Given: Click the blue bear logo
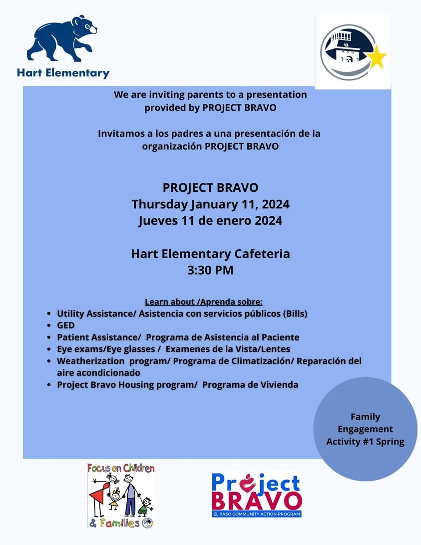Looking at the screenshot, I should pos(62,39).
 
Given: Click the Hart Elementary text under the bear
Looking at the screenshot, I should pos(63,73).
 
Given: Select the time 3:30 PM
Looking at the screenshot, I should pos(210,271).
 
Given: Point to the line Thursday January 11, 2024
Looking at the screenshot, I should pos(210,204).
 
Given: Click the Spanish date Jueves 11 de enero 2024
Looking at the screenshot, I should pos(210,220).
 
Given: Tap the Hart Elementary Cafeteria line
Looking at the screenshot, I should pos(210,254).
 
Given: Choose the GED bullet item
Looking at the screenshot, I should pos(66,325).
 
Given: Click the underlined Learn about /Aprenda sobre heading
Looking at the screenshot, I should pos(203,302).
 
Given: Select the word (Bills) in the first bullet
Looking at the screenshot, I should pos(295,314).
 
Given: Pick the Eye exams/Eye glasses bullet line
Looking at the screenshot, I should pos(173,349).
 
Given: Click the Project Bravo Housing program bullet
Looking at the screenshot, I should pos(177,385).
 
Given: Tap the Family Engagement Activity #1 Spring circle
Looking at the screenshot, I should pos(365,429).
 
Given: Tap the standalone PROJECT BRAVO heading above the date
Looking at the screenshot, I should pos(210,188).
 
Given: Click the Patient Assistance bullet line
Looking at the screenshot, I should pos(178,337).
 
